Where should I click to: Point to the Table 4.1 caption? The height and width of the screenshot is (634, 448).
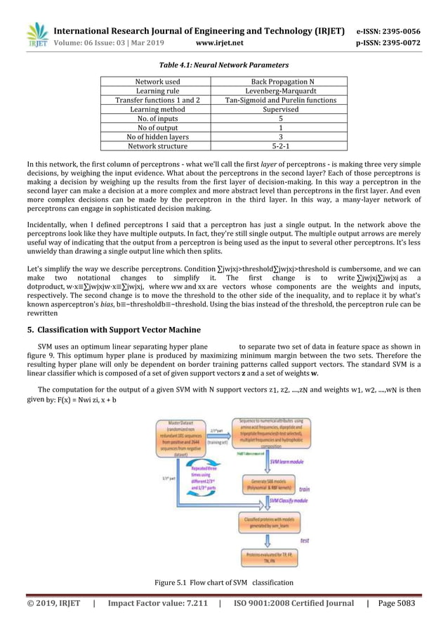tap(223, 65)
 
